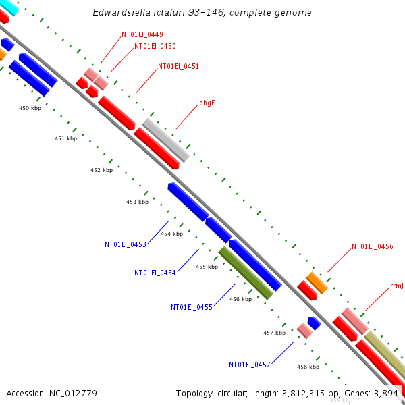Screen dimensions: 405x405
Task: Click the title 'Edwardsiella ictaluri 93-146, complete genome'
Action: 202,13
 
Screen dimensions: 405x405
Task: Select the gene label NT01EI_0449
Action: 142,34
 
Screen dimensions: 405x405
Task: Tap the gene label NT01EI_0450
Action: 155,46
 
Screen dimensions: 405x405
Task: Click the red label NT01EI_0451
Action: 178,66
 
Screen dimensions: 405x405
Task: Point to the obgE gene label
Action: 207,103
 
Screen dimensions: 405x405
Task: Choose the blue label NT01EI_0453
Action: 125,244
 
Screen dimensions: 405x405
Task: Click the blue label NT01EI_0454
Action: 155,273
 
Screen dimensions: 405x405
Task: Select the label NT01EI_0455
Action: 192,307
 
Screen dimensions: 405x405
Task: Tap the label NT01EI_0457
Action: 249,364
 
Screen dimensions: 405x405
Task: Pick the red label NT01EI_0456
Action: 372,247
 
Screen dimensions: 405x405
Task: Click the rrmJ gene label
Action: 397,286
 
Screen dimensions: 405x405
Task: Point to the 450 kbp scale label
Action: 30,108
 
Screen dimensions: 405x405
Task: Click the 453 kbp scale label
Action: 137,202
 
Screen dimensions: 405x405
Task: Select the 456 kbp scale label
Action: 240,298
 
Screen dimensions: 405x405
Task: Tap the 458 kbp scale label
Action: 308,367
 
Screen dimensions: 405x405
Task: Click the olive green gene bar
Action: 246,273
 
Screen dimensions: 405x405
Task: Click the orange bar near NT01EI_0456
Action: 317,283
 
